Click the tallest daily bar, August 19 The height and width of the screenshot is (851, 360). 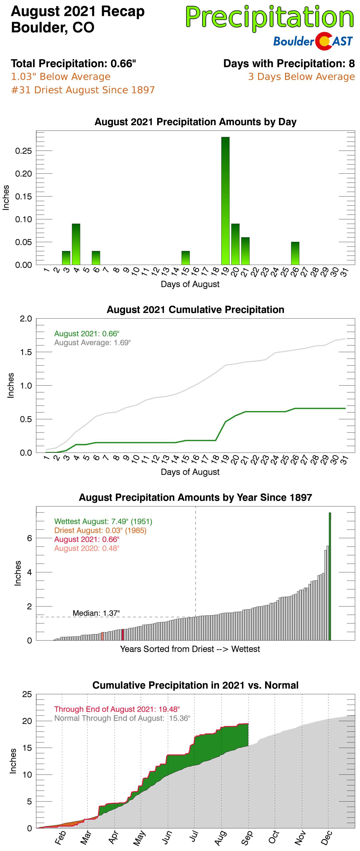(225, 201)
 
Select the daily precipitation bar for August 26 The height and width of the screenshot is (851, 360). (295, 253)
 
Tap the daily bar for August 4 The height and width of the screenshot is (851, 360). (76, 244)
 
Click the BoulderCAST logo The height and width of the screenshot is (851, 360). (313, 41)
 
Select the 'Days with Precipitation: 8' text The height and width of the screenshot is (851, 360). (289, 64)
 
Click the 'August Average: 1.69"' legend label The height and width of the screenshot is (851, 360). (93, 343)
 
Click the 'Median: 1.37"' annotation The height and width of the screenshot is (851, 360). (96, 613)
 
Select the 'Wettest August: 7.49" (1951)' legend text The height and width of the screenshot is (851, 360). (103, 521)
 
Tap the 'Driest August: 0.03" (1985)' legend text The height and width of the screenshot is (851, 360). (100, 530)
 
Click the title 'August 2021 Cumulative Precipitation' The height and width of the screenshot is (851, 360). (195, 310)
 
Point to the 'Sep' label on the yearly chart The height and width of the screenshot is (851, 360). (247, 837)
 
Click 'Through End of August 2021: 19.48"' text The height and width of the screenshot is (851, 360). (117, 709)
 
